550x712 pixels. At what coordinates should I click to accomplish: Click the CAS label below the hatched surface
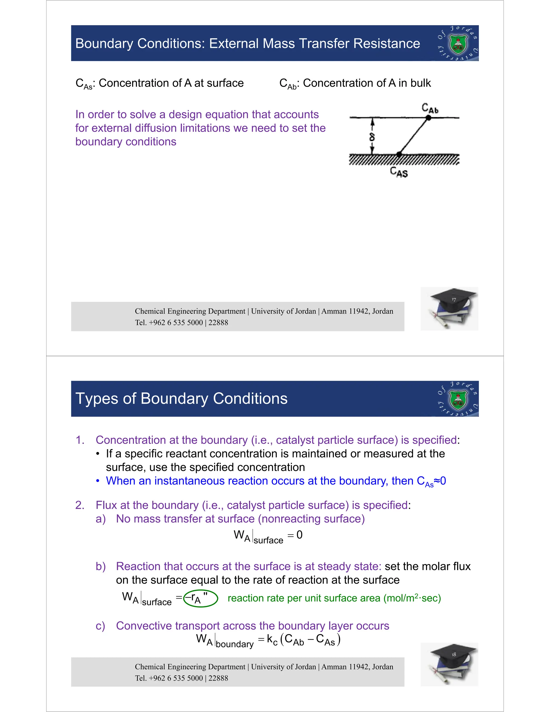(399, 171)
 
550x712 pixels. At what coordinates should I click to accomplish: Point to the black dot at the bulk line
(428, 118)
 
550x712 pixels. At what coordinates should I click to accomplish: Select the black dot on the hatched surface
(399, 154)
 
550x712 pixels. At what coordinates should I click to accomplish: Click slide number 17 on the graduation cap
(454, 300)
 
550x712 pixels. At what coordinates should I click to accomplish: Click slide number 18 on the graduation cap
(454, 655)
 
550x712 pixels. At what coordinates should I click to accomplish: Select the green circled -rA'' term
(200, 598)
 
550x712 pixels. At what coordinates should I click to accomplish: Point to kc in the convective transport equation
(272, 640)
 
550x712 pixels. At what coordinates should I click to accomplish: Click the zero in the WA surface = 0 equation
(299, 535)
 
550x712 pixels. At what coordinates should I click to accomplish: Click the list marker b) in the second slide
(100, 566)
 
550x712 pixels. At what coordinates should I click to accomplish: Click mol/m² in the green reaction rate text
(401, 598)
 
